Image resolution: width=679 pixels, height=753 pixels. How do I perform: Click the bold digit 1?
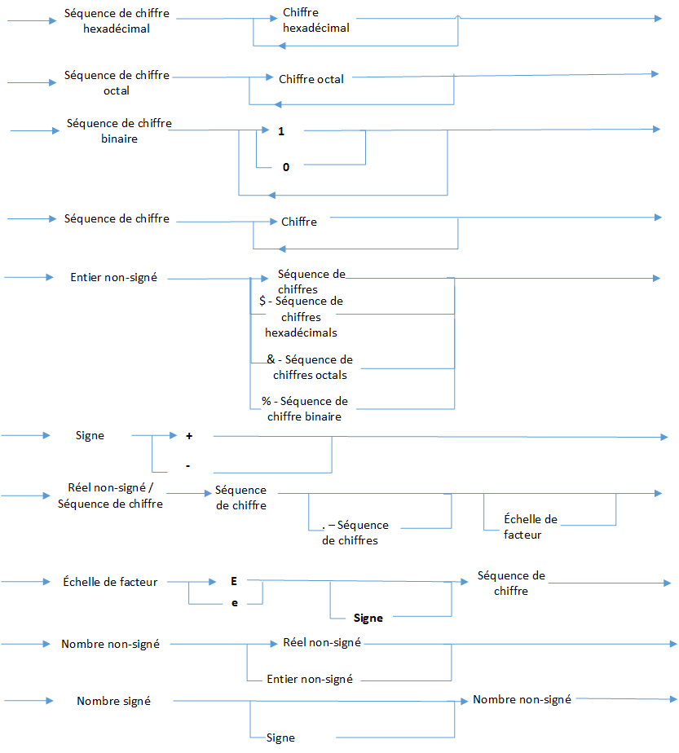[x=280, y=131]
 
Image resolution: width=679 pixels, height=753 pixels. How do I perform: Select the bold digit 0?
[x=286, y=167]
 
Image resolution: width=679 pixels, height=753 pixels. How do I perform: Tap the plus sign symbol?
[x=189, y=437]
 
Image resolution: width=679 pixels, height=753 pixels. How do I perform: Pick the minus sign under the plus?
[x=188, y=465]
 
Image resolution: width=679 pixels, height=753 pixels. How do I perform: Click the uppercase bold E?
[x=234, y=581]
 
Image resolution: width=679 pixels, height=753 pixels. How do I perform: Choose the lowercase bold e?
[x=234, y=604]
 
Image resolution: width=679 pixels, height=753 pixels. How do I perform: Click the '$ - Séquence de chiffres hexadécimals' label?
[x=301, y=316]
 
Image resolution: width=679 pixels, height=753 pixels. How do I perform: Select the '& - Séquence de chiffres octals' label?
[x=310, y=367]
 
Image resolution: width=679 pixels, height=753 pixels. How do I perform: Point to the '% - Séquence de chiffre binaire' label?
[x=304, y=408]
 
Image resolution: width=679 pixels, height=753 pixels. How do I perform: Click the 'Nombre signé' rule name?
[x=113, y=701]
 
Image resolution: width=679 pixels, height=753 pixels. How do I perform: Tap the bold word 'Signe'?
[x=368, y=618]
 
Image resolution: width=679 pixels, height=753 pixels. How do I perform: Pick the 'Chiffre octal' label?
[x=311, y=79]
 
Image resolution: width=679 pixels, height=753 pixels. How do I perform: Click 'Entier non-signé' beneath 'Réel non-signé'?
[x=310, y=679]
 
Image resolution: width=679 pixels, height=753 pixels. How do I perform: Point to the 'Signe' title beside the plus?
[x=90, y=436]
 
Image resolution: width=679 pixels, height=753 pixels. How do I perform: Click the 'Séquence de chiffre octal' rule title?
[x=117, y=82]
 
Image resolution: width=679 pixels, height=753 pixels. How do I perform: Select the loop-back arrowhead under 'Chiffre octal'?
[x=277, y=104]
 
